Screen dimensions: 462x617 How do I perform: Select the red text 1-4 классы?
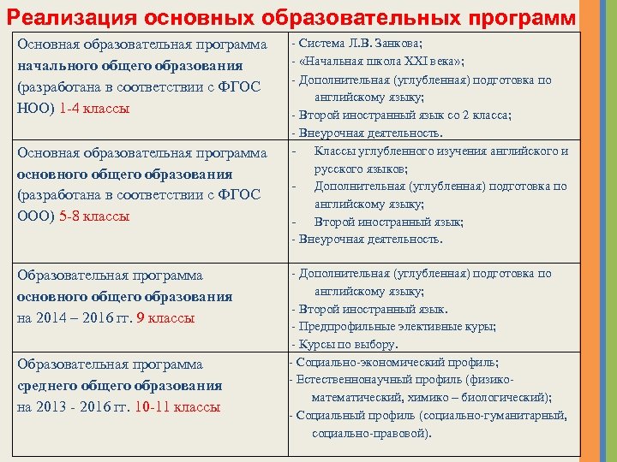click(x=94, y=109)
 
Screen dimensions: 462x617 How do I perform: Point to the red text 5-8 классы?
click(x=95, y=216)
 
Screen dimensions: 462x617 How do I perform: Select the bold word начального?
click(x=57, y=66)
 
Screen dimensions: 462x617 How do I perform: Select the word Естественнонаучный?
click(x=350, y=379)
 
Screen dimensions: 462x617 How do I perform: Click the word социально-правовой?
click(x=369, y=433)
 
